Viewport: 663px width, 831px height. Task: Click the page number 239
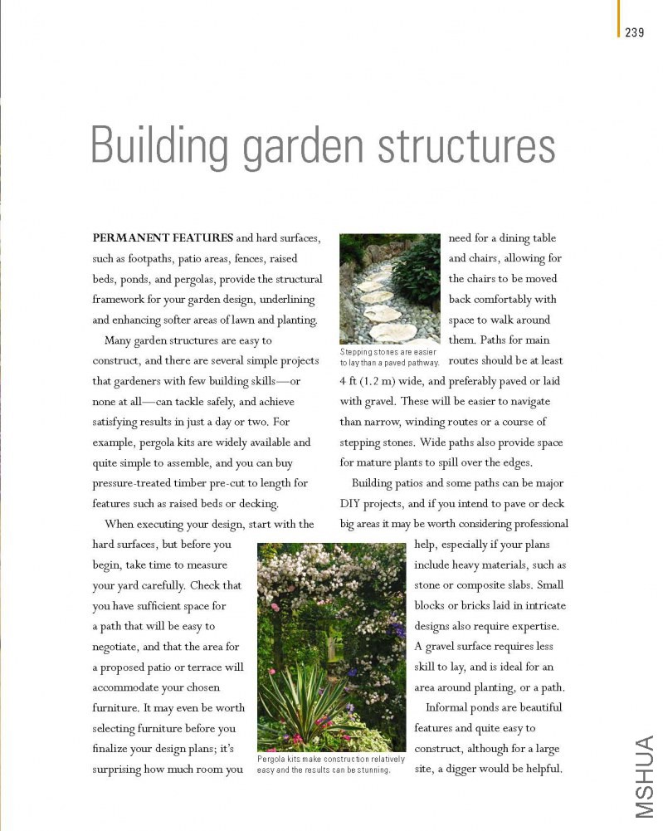(635, 32)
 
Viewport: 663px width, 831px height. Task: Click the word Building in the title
(158, 146)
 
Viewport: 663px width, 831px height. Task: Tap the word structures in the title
(466, 146)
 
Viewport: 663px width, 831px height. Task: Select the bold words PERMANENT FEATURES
(162, 238)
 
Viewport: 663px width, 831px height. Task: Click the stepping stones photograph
(389, 288)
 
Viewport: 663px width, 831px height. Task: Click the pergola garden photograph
(331, 647)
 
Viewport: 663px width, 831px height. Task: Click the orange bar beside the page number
(618, 18)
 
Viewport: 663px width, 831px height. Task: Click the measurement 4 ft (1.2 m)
(370, 381)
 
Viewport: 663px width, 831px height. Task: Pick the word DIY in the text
(351, 503)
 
